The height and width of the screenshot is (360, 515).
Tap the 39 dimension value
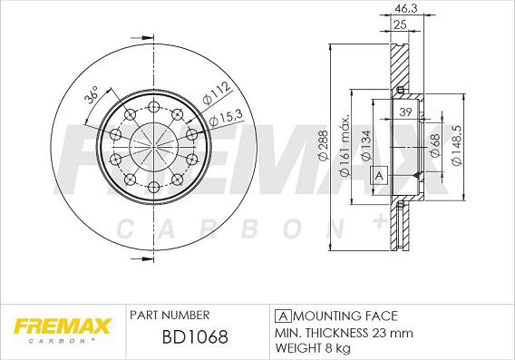pyautogui.click(x=405, y=112)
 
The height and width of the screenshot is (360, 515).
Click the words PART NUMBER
pyautogui.click(x=170, y=315)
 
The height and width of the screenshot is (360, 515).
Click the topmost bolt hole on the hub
pyautogui.click(x=153, y=102)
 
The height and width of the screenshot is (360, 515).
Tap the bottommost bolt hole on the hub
pyautogui.click(x=153, y=188)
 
